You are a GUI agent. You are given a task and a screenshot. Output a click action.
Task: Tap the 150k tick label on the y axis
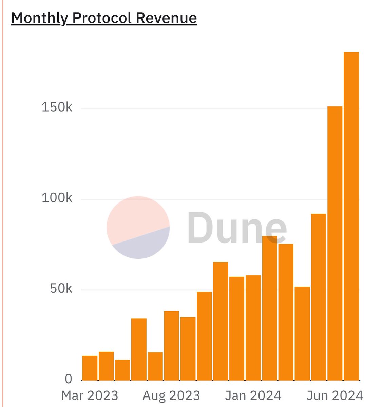click(57, 108)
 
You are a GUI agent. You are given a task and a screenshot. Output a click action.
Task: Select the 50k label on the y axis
click(61, 289)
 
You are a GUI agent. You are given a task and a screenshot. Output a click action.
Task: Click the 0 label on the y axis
click(69, 379)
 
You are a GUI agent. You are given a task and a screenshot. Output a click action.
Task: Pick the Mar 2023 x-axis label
click(90, 395)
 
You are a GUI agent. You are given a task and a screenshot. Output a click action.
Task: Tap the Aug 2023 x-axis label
click(171, 395)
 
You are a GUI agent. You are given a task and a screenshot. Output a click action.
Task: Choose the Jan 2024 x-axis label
click(253, 395)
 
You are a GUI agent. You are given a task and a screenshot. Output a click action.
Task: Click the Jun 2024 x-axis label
click(335, 395)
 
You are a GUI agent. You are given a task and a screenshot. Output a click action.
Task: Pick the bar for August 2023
click(171, 346)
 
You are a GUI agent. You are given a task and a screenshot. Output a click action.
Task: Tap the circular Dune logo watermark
click(138, 227)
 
